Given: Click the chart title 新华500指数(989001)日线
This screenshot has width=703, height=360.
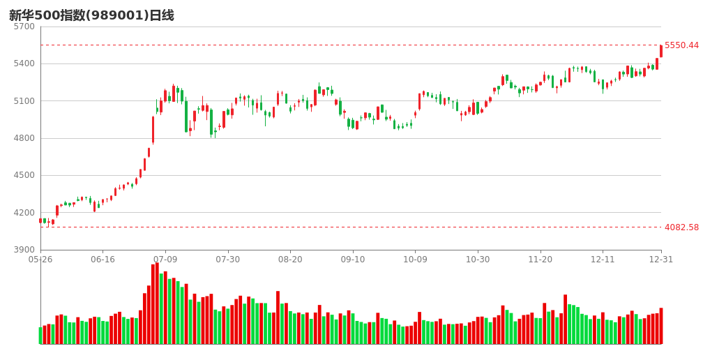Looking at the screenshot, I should tap(91, 15).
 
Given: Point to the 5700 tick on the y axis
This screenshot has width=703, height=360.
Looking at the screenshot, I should tap(24, 27).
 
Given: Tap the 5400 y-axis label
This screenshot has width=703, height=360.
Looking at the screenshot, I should tap(24, 63).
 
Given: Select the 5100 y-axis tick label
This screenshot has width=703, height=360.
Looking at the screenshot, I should tap(24, 101).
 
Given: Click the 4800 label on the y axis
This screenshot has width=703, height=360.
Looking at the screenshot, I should tap(24, 138).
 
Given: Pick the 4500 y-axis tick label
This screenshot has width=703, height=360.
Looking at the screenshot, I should tap(24, 175).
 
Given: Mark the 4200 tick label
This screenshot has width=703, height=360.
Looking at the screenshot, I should tap(24, 213).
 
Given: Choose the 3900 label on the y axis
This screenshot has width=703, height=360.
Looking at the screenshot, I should tap(24, 250).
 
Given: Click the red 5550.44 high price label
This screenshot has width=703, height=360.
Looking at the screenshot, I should tap(681, 45).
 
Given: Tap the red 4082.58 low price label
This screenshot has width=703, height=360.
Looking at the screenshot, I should tap(681, 227).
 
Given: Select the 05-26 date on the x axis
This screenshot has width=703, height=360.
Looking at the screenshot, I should tap(40, 260).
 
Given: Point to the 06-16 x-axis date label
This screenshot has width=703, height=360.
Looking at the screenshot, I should tap(103, 260).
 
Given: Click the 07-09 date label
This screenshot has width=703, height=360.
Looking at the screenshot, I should tap(165, 260).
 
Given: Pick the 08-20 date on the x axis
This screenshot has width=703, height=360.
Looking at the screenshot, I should tap(290, 260).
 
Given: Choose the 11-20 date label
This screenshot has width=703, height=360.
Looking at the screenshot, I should tap(540, 260).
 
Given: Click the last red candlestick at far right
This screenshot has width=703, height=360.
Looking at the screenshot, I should tap(661, 51).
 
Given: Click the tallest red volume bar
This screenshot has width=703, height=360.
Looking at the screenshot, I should tap(157, 303).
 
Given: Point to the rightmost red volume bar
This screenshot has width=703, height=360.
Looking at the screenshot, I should tap(661, 326).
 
